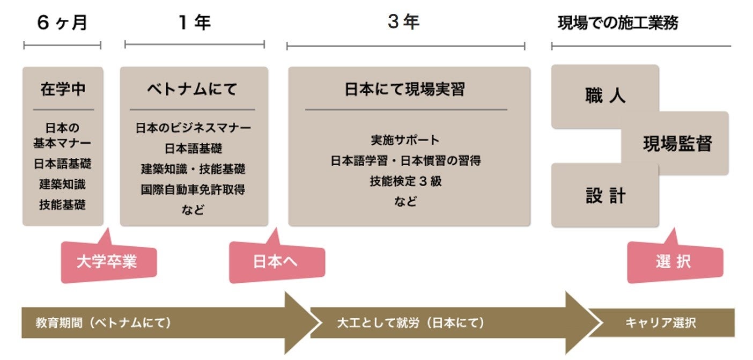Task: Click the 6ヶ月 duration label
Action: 62,23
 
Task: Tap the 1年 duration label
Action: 194,23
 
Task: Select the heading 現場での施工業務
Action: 617,23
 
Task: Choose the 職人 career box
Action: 604,96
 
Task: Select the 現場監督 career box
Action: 677,144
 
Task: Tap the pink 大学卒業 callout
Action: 107,262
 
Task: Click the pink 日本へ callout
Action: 275,262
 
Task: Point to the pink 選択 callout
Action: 673,262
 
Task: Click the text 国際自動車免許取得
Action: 193,189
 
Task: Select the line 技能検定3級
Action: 405,181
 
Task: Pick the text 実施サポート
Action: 405,140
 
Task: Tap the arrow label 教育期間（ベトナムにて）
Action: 103,323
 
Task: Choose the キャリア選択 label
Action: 660,323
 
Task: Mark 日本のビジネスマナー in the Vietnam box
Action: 193,128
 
